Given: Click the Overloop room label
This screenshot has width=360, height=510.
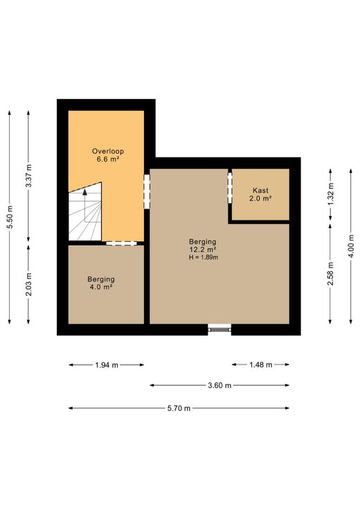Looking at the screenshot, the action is pos(108,151).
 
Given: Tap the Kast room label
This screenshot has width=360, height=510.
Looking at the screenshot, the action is pos(260,191).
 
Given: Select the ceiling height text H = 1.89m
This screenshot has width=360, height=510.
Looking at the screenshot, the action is pos(204,258).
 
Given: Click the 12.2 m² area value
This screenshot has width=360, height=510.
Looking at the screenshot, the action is pos(203,249).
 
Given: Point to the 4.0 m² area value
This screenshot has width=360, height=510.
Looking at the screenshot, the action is pos(101,287).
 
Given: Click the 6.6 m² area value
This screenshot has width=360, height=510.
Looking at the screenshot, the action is pos(108,159).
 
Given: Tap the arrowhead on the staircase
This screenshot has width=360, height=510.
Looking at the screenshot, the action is pos(85,191).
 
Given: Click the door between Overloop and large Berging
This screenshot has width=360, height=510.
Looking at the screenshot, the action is pos(147,192).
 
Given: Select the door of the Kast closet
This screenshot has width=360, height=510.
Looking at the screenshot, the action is pos(230,188).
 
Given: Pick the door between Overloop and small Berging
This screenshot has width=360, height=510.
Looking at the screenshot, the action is pos(121,243).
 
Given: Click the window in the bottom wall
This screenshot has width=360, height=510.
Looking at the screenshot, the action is pos(219,329).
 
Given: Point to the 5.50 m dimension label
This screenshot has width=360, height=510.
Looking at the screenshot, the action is pos(10,218).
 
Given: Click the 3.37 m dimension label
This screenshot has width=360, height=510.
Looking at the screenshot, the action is pos(29,176).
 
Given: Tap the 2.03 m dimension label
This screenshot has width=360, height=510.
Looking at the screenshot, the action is pos(29,285).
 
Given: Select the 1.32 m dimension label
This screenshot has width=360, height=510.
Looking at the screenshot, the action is pos(331,194).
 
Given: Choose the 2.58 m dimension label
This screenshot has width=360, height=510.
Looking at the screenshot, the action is pos(331,274).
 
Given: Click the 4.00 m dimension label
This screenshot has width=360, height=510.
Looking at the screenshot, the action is pos(351,246).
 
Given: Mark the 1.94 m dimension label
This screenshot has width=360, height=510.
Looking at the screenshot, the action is pos(107,365).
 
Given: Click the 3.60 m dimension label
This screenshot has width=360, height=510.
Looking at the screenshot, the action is pos(219,386).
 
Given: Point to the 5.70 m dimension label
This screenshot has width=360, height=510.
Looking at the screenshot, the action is pos(179,409).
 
